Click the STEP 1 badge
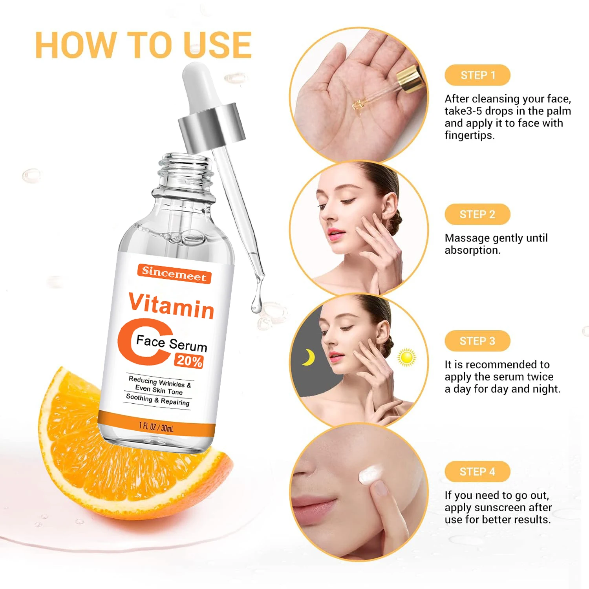(x=477, y=75)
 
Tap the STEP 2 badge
(x=477, y=214)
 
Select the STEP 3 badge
(x=477, y=341)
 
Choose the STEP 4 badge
(x=477, y=472)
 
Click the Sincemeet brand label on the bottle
(x=174, y=274)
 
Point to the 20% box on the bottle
(x=189, y=360)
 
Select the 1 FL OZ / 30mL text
(x=156, y=427)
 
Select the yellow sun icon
(x=406, y=357)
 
